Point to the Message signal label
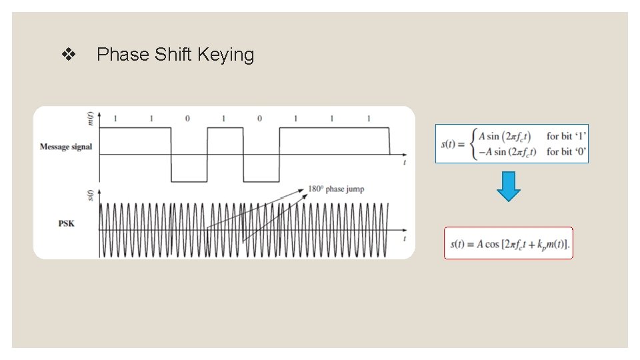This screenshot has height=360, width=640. [65, 147]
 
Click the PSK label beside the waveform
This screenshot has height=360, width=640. [66, 223]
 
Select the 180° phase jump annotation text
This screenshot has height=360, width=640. [336, 189]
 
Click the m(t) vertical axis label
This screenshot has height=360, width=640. [91, 117]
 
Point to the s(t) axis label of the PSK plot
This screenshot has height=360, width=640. [91, 195]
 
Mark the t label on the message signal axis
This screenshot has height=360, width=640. [405, 162]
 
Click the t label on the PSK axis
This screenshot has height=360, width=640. [405, 238]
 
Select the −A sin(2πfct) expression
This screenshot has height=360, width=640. [507, 151]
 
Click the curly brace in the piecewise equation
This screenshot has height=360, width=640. [473, 143]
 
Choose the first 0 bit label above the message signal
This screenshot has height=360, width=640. [187, 119]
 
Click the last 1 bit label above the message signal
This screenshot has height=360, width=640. [369, 119]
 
